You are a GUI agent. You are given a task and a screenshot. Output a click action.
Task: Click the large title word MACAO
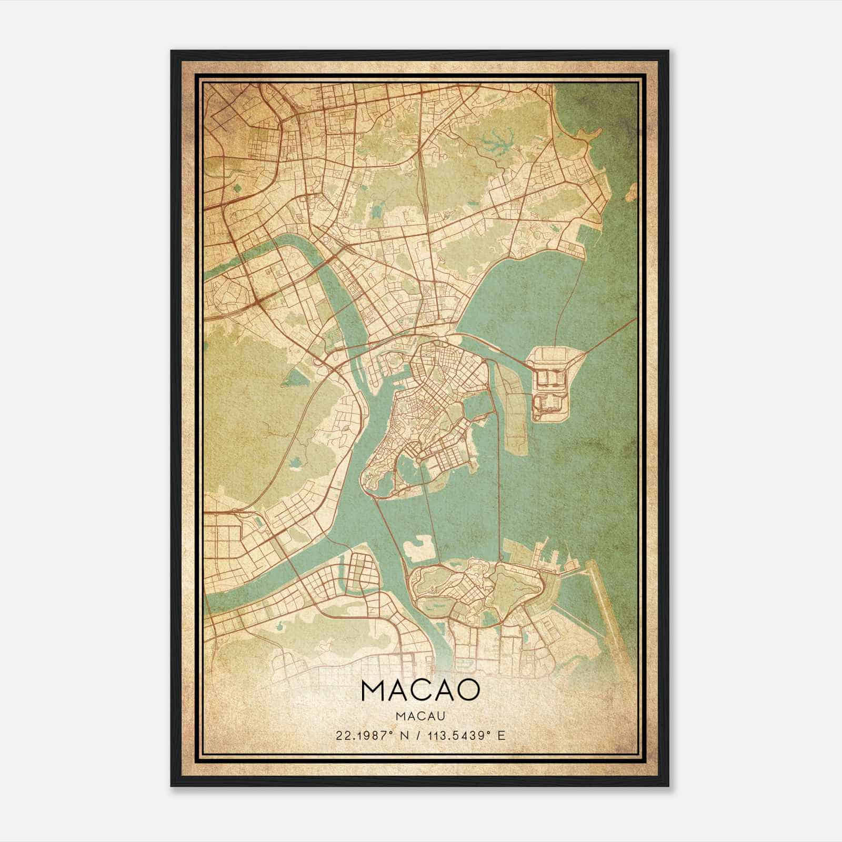tap(420, 691)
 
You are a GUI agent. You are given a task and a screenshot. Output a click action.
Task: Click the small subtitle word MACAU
tap(420, 716)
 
